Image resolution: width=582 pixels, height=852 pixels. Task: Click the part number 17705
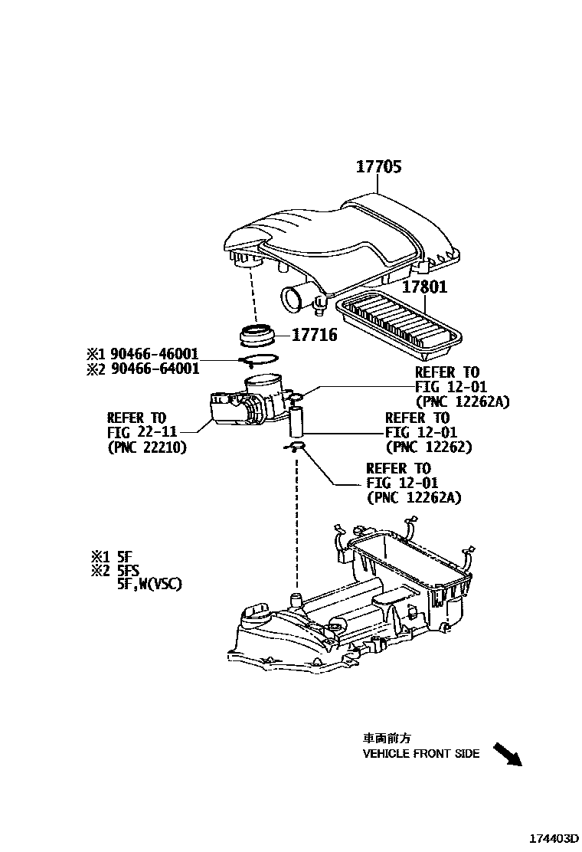coord(378,167)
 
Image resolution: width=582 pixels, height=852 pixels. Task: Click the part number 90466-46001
coord(154,354)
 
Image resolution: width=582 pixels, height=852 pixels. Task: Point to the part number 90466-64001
coord(154,369)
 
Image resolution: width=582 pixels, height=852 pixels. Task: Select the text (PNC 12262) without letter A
coord(429,447)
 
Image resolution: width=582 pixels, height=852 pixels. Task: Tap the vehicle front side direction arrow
coord(506,754)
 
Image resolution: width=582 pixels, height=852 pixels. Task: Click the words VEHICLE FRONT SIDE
coord(420,753)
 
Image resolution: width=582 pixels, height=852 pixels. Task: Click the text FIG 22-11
coord(136,432)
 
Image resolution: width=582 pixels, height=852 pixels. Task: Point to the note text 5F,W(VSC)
coord(149,584)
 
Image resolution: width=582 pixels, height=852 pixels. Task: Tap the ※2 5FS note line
coord(115,570)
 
